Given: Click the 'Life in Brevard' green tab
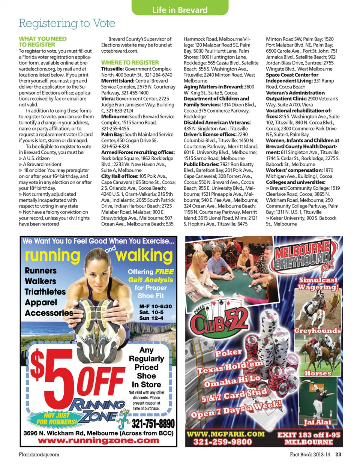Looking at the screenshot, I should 180,10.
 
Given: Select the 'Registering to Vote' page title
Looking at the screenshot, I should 67,23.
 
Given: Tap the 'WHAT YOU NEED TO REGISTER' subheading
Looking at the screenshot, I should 42,42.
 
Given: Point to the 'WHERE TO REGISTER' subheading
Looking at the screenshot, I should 130,63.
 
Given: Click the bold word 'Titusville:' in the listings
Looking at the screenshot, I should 112,69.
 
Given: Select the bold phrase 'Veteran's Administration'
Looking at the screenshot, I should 295,93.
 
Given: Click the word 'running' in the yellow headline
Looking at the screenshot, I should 52,256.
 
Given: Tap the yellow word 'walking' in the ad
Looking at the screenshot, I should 144,256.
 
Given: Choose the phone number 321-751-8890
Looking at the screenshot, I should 153,424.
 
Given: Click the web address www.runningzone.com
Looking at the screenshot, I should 98,441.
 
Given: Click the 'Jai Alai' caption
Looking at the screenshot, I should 317,422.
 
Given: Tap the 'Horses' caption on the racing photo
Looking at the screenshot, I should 318,373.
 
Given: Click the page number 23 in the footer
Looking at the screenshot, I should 338,454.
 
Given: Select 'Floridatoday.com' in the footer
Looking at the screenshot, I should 39,454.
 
